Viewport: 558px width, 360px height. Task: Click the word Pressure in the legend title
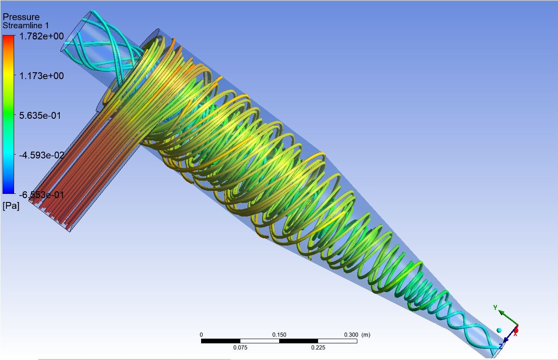tap(21, 17)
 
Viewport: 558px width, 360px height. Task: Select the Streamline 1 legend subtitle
tap(26, 26)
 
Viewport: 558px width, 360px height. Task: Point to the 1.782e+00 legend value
tap(41, 36)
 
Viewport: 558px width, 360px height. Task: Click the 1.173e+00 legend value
tap(41, 76)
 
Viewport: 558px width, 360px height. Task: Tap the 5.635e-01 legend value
tap(40, 116)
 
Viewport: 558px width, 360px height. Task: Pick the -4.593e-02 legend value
tap(41, 155)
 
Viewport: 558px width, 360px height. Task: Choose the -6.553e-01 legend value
tap(41, 195)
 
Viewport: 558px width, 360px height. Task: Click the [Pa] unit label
tap(11, 206)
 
